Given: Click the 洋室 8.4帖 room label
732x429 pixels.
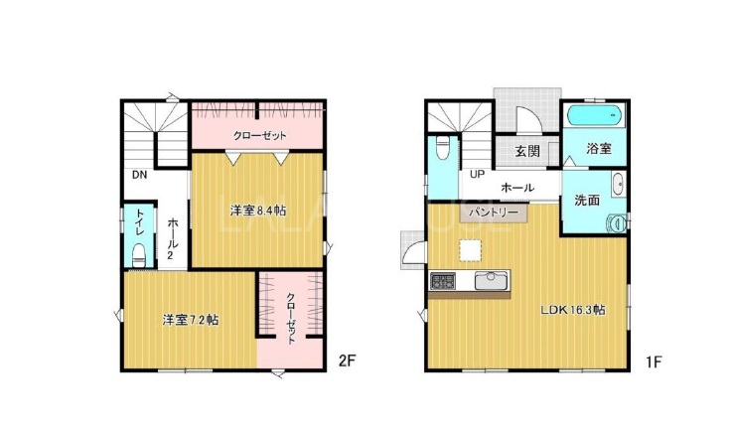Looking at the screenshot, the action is tap(257, 211).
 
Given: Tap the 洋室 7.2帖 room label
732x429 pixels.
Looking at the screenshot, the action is tap(191, 320).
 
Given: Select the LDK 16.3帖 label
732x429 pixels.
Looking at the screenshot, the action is tap(573, 310).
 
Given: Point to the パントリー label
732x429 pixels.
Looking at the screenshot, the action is tap(494, 213).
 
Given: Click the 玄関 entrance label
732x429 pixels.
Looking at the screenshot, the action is tap(527, 151).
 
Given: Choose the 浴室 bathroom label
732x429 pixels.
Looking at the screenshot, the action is tap(599, 149).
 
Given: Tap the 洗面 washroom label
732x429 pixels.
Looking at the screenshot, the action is tap(587, 201).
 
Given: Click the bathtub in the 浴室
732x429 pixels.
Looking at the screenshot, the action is tap(595, 115).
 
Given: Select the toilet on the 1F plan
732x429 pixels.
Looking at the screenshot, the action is tap(442, 147).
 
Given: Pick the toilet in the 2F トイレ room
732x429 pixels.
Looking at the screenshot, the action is tap(139, 254).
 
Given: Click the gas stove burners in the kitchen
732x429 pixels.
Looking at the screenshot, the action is tap(443, 281).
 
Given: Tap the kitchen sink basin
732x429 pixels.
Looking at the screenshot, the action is tap(491, 281).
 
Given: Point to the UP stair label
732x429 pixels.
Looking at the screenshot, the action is tap(477, 175).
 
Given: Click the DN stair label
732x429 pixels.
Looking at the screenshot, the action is tap(139, 175).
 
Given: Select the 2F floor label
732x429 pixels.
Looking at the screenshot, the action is tap(348, 360).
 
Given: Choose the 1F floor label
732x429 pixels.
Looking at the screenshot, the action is tap(655, 361).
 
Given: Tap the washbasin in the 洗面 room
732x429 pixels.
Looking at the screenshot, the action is tap(618, 184).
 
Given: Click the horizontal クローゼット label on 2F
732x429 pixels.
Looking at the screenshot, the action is tap(259, 136).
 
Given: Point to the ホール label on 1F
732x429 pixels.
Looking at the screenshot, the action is tap(517, 188).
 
